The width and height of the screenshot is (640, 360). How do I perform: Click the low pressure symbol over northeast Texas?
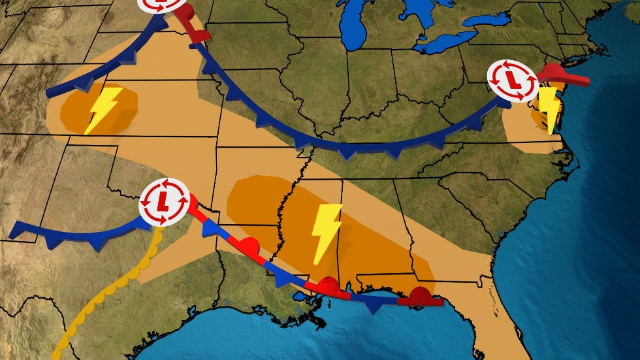click(x=164, y=202)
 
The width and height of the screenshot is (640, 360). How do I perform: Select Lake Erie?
click(x=444, y=43)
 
